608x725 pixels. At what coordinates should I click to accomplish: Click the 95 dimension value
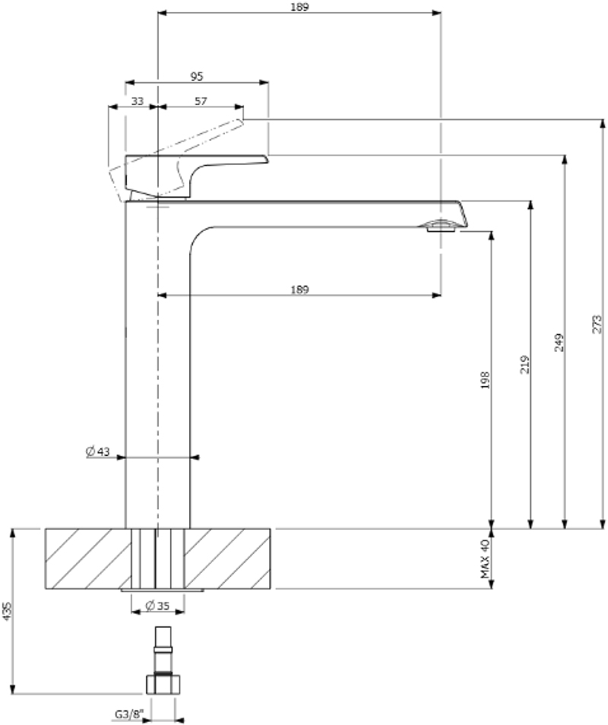pos(197,76)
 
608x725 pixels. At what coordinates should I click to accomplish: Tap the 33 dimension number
pos(138,100)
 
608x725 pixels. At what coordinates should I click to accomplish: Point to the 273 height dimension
pos(597,324)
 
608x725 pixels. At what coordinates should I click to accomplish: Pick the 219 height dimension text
pos(524,364)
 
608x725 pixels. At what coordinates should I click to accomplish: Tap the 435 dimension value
pos(8,612)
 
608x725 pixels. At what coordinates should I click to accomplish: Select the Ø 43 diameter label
pos(98,451)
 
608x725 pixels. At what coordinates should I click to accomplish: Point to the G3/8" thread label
pos(127,714)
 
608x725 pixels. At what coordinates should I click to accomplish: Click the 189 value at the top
pos(299,6)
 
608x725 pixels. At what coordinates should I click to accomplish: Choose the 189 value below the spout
pos(299,289)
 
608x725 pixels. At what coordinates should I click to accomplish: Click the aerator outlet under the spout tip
pos(441,225)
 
